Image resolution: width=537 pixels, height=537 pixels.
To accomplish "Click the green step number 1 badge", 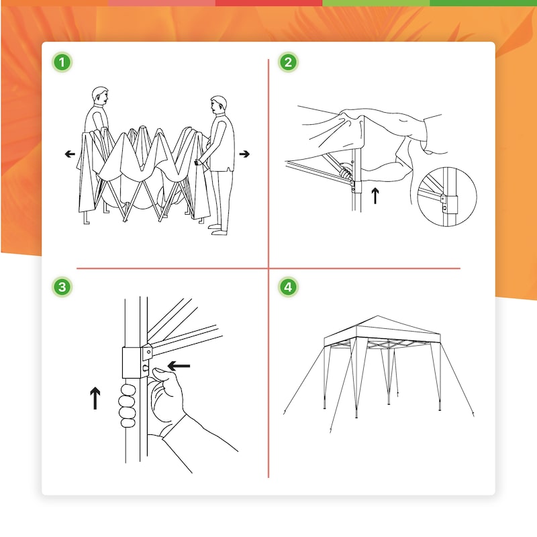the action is point(62,62).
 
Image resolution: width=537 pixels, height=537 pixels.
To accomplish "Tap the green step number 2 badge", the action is point(288,62).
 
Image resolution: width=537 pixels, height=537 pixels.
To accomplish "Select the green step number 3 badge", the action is point(62,287).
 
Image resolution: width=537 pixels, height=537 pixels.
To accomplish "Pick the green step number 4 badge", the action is point(288,287).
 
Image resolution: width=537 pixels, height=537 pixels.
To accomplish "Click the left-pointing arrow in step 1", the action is point(70,154).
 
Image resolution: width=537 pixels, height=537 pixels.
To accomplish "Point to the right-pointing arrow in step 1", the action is point(244,154).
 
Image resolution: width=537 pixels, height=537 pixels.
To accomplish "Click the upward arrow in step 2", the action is point(375,195).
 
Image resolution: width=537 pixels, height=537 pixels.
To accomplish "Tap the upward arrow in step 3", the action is point(95,398).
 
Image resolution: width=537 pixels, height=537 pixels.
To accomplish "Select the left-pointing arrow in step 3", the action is point(179,366).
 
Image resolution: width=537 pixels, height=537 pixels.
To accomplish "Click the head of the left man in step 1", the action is point(100,95).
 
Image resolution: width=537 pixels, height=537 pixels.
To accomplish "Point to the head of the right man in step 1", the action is point(218,105).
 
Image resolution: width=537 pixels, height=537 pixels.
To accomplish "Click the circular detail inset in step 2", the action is point(446,197).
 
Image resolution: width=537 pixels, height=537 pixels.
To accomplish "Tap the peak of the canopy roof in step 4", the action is point(378,315).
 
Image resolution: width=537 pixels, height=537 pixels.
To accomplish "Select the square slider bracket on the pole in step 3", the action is point(132,362).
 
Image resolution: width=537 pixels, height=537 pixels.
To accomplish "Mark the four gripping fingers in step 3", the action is point(127,406).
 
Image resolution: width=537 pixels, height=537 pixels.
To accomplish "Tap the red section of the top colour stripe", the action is point(269,3).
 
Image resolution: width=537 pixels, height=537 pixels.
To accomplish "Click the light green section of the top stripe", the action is point(376,3).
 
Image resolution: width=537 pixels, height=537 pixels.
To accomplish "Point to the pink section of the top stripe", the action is point(162,3).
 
